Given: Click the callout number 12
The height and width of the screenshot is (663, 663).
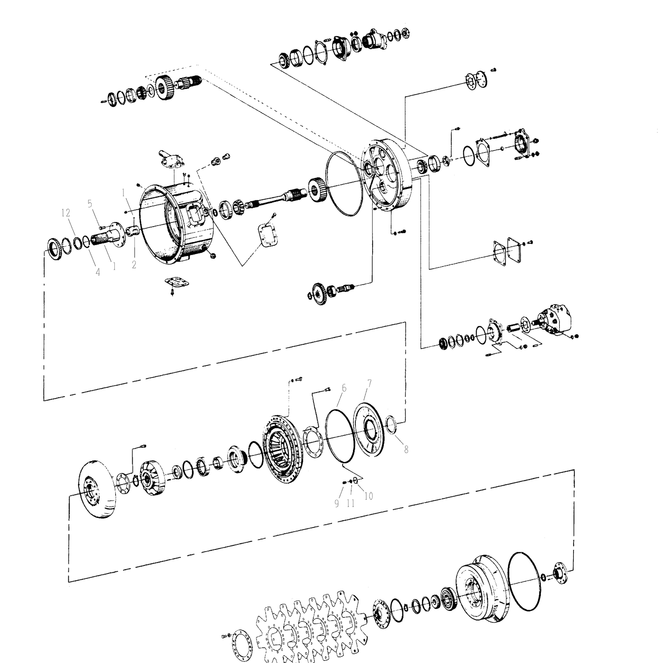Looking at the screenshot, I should tap(65, 213).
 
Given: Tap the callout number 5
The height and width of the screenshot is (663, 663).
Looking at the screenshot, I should tap(90, 203).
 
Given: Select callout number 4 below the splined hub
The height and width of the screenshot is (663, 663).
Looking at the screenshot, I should tap(98, 272).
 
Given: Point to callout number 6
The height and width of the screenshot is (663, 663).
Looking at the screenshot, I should tap(344, 388).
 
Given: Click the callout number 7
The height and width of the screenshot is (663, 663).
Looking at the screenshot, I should tap(369, 384).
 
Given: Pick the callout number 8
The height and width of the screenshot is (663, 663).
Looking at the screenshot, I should tap(406, 449).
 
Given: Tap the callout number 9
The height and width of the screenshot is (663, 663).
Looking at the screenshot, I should tap(336, 503).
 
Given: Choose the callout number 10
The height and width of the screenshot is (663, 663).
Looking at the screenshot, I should tap(368, 496).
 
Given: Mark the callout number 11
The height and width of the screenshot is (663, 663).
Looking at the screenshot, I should tap(351, 503).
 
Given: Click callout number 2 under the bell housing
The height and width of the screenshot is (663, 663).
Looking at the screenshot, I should tap(134, 264).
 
